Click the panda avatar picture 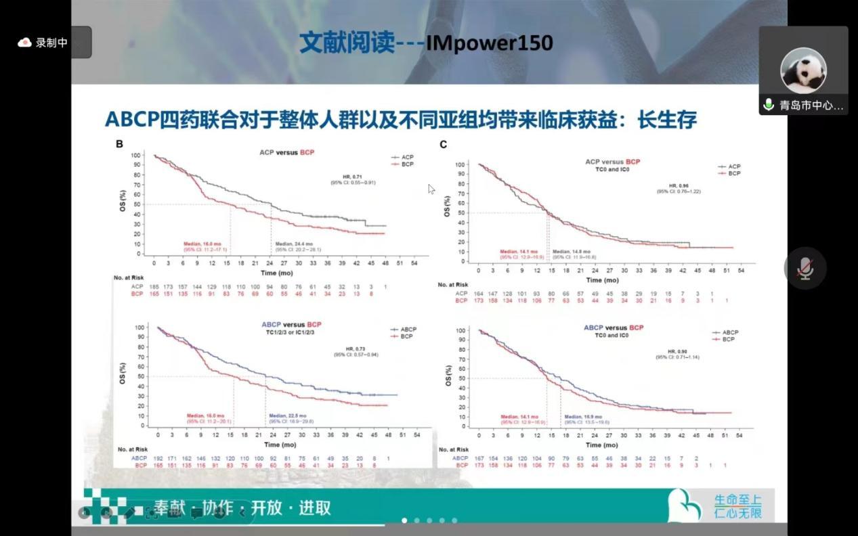pos(803,70)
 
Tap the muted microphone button pos(805,269)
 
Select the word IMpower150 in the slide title pos(490,43)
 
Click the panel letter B pos(119,144)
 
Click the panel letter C pos(444,144)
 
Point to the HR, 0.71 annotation pos(353,177)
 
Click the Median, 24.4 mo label pos(293,244)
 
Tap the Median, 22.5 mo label pos(288,416)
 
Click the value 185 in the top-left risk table pos(154,287)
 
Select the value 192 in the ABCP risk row pos(158,458)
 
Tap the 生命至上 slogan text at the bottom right pos(738,500)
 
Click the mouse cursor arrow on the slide pos(432,189)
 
